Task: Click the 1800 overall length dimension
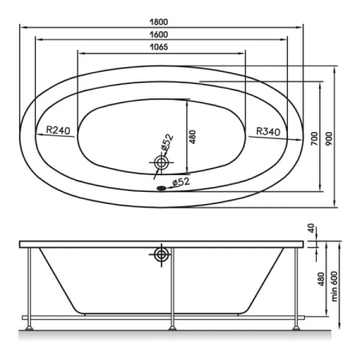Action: tap(158, 22)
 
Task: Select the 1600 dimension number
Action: tap(158, 34)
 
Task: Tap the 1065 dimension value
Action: tap(159, 47)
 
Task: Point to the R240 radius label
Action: tap(58, 130)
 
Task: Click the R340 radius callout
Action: tap(268, 131)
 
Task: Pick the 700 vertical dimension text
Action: tap(314, 138)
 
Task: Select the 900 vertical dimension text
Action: tap(330, 138)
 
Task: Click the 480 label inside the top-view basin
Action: tap(192, 137)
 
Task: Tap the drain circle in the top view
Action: tap(162, 162)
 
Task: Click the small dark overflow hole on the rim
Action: tap(162, 188)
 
